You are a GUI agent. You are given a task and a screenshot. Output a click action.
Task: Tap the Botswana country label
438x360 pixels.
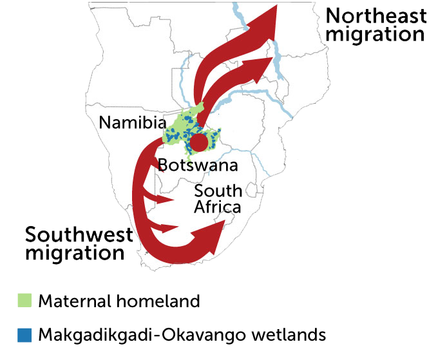point(198,165)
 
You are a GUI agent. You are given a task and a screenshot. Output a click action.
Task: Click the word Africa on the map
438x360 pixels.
point(218,207)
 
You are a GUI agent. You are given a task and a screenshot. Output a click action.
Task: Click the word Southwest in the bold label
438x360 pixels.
point(79,234)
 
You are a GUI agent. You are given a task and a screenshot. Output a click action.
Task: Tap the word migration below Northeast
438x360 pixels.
point(376,33)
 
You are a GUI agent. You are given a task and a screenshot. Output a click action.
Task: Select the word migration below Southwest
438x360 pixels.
point(75,252)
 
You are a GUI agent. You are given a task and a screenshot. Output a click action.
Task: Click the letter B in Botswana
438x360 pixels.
point(164,165)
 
